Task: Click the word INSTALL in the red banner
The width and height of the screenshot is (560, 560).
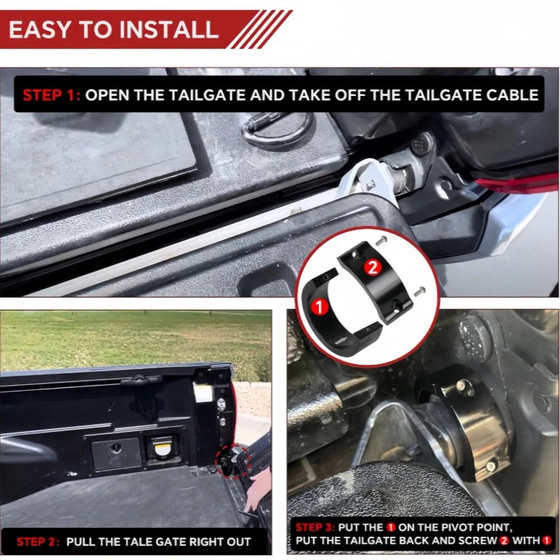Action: tap(168, 29)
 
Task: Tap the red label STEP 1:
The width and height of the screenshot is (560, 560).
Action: tap(51, 95)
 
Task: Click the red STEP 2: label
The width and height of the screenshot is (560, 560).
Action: tap(38, 542)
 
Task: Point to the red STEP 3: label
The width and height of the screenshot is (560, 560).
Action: tap(314, 528)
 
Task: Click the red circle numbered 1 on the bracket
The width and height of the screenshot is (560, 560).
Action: tap(319, 307)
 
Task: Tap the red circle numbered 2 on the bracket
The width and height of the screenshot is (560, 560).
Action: tap(372, 267)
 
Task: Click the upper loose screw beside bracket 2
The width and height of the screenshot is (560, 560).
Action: tap(381, 240)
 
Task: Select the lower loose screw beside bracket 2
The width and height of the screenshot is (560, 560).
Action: tap(420, 291)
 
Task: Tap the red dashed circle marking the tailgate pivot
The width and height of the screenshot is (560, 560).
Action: tap(232, 461)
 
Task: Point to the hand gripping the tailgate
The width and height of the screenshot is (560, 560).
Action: tap(257, 490)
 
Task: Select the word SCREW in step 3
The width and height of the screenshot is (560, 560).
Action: tap(479, 540)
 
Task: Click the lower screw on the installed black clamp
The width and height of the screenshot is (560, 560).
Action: tap(491, 465)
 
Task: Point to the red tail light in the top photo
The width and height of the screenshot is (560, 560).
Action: tap(518, 183)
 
